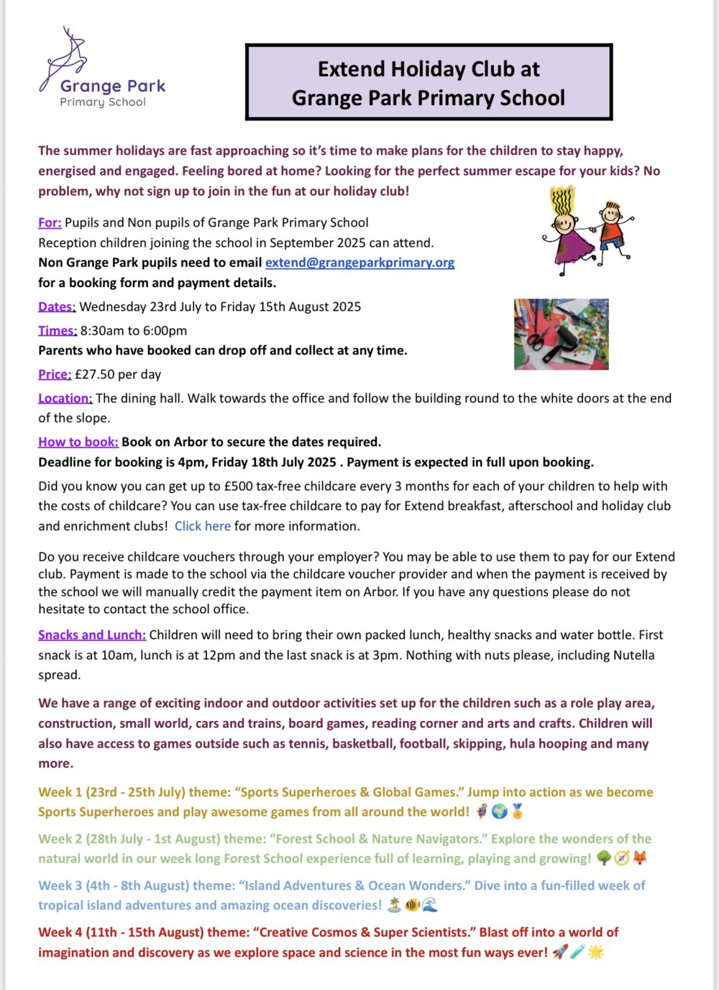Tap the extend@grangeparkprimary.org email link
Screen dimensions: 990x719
359,263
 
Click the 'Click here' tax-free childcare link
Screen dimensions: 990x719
202,526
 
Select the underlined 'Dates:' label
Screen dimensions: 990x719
56,306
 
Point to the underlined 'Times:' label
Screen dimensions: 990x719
57,331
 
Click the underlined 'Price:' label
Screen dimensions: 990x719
54,374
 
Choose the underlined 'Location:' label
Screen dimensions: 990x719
65,398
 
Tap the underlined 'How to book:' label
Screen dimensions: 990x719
78,442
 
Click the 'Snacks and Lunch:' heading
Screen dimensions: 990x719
91,635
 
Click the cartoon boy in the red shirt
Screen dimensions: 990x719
612,230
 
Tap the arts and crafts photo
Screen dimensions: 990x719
561,335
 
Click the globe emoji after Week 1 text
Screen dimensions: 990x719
499,812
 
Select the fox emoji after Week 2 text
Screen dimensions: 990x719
639,858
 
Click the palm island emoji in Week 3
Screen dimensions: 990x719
394,905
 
